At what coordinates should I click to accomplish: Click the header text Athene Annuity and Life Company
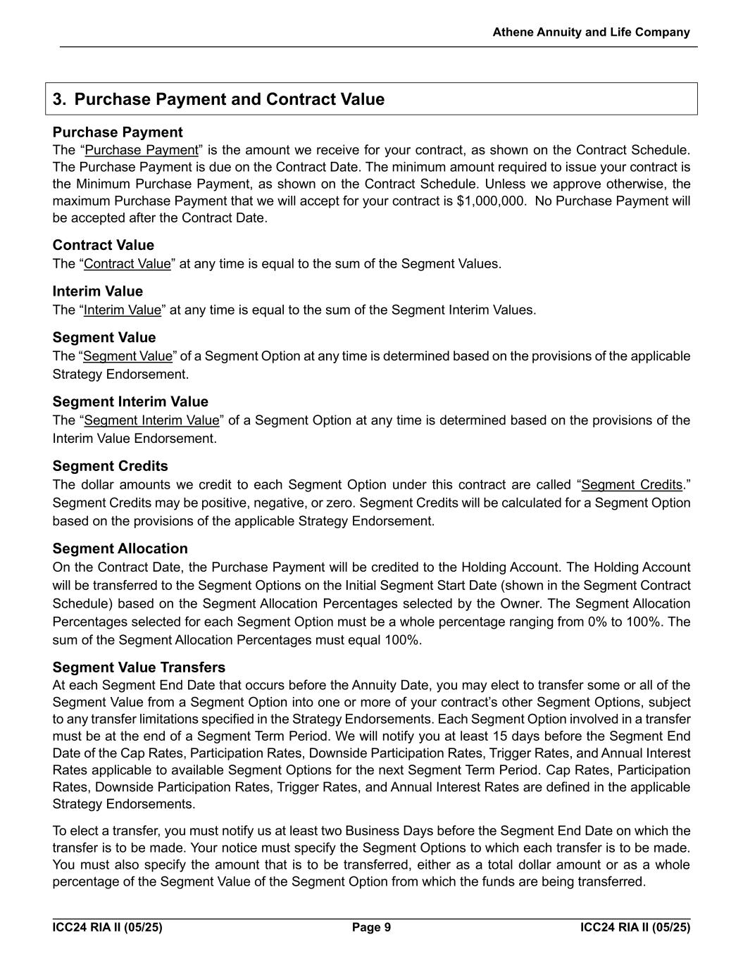click(591, 32)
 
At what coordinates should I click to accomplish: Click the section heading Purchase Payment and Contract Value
click(230, 99)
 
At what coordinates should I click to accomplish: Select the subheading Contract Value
click(103, 245)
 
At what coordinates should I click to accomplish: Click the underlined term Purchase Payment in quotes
click(142, 150)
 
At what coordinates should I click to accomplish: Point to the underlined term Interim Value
click(123, 310)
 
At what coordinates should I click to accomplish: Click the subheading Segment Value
click(104, 337)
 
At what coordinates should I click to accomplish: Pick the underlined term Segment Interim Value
click(151, 420)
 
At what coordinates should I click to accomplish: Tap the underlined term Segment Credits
click(632, 485)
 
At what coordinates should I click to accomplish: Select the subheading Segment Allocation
click(120, 548)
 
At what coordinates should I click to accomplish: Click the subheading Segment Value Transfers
click(139, 667)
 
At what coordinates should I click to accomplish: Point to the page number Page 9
click(371, 927)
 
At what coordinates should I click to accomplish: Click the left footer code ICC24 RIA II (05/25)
click(107, 927)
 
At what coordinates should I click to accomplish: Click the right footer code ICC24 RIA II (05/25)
click(635, 927)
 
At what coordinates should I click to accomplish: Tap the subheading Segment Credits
click(110, 466)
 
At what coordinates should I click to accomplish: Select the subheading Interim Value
click(97, 291)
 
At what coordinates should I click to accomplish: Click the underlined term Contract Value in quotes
click(127, 264)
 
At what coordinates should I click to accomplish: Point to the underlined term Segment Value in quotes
click(127, 356)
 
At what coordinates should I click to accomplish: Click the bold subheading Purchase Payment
click(117, 132)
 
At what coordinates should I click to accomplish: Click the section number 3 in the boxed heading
click(58, 99)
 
